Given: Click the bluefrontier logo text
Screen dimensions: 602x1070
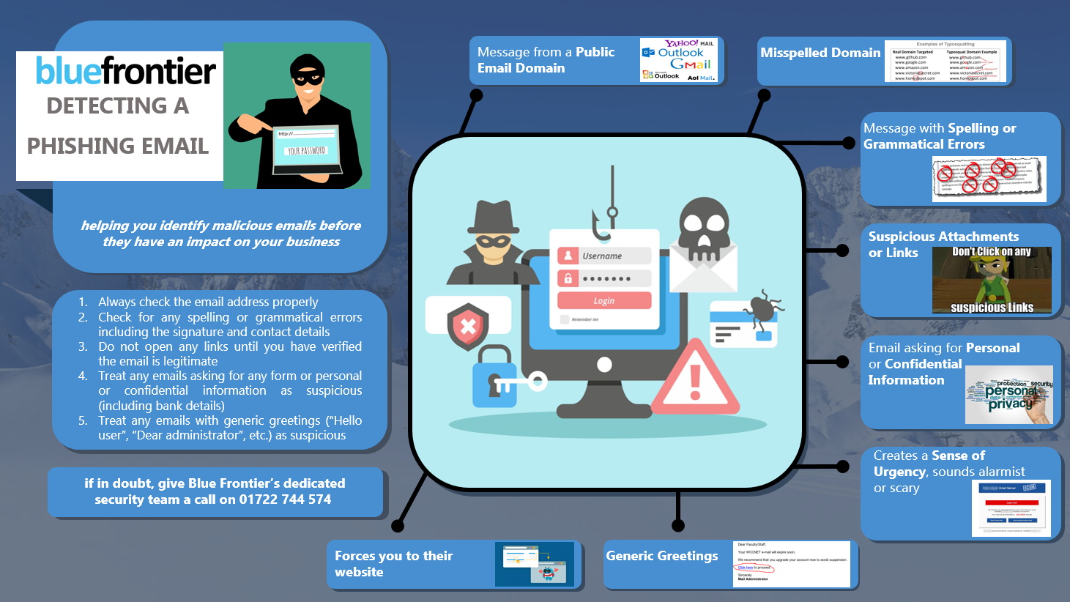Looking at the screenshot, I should pos(125,71).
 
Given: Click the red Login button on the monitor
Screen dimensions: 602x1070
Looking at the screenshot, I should pos(603,300).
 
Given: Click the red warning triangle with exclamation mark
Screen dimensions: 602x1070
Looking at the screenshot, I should pos(694,379).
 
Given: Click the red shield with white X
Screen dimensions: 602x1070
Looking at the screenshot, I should pos(467,327).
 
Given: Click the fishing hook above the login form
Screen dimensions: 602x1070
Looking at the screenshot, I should pos(603,220).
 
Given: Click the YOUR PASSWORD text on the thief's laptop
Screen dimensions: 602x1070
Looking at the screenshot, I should pos(306,151).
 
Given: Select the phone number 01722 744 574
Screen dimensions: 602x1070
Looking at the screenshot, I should pos(285,499).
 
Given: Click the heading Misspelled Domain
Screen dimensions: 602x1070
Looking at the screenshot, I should pos(820,53).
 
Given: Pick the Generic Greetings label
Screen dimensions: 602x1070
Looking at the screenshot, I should pos(661,556).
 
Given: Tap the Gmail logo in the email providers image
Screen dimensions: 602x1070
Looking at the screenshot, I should pos(690,64).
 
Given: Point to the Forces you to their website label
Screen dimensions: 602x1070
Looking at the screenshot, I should pos(393,564).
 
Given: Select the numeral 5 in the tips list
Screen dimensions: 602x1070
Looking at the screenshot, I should pos(83,420).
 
